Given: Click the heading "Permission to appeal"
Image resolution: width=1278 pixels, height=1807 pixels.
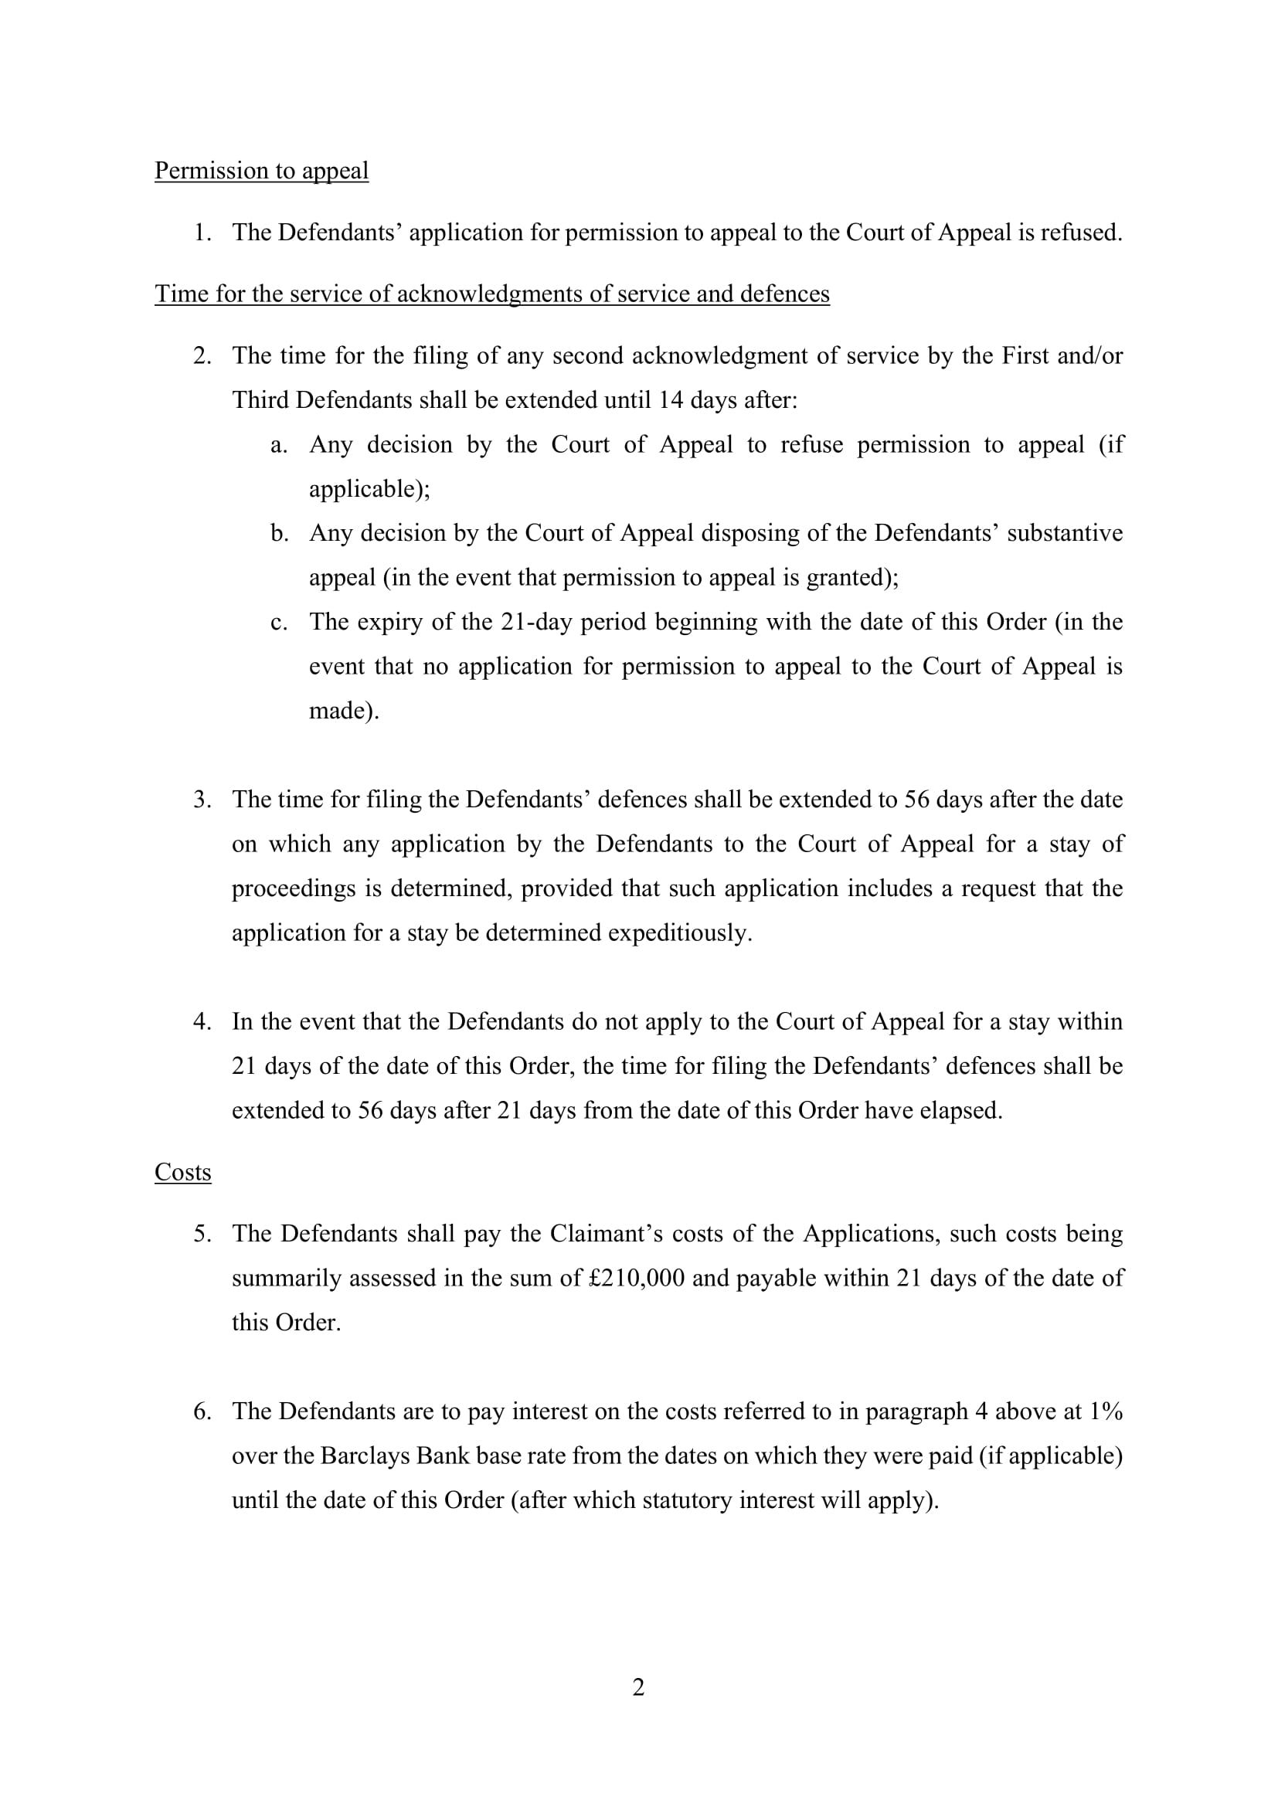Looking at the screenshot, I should coord(261,171).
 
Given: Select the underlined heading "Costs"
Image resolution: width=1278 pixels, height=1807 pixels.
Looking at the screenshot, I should coord(182,1173).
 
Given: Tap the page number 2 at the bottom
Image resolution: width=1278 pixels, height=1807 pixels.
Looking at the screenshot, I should coord(638,1687).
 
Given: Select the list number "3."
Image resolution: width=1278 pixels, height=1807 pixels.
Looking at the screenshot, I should coord(202,800).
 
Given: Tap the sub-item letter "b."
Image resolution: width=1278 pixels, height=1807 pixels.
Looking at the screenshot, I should coord(280,534).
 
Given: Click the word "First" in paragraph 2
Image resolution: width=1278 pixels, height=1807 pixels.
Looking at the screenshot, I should coord(1025,355).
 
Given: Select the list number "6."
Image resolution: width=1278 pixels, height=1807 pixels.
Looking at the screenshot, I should coord(202,1412).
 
